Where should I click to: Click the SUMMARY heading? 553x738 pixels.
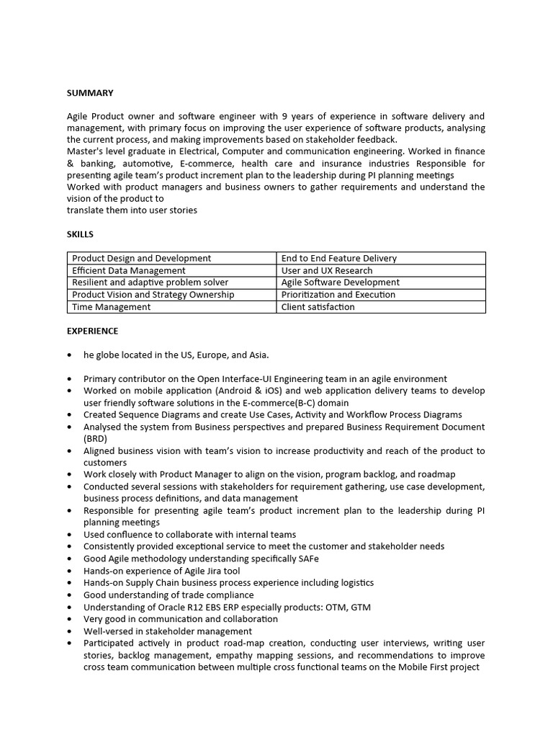point(90,93)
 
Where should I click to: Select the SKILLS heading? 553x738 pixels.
point(80,234)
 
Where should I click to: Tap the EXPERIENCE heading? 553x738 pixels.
point(93,331)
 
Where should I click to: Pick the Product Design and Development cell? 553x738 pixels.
point(141,258)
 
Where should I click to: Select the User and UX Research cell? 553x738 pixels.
point(327,270)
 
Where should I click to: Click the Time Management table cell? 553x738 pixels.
point(111,307)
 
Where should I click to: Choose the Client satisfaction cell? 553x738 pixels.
point(318,307)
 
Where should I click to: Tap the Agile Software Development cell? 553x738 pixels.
point(340,283)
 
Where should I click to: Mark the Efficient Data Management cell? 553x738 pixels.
point(129,270)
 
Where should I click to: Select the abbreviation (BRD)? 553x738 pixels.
point(95,438)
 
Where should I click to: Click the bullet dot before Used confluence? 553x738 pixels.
point(69,535)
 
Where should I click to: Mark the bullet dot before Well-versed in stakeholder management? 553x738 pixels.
point(69,631)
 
